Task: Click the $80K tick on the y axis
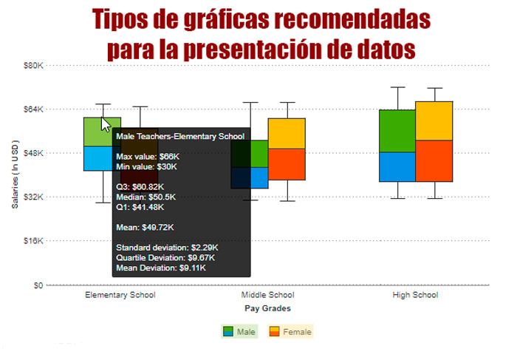(33, 65)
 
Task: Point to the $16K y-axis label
(33, 241)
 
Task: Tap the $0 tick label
(38, 285)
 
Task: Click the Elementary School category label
(120, 295)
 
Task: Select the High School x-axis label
(415, 295)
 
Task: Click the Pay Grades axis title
(267, 308)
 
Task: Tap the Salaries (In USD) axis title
(16, 174)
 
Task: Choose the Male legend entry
(239, 332)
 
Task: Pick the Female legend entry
(290, 332)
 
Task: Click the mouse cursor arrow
(105, 123)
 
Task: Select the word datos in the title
(386, 49)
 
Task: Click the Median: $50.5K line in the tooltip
(145, 197)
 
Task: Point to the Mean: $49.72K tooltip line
(145, 228)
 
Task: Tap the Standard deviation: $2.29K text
(167, 248)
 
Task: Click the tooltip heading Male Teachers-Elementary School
(180, 137)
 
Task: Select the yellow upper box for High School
(434, 121)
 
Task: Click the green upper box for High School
(397, 131)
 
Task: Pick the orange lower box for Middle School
(287, 164)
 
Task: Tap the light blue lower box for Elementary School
(98, 158)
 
